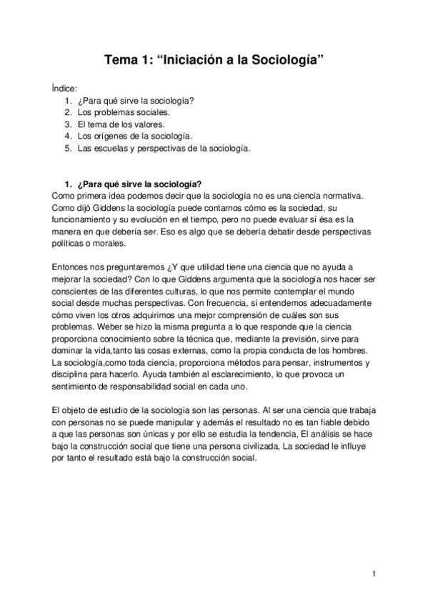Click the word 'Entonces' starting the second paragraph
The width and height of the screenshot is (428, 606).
pos(70,266)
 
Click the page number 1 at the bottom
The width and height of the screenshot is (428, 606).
pos(374,573)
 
